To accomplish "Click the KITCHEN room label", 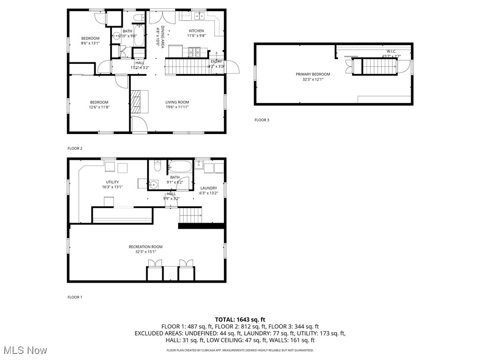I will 196,30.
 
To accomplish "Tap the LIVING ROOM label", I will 177,102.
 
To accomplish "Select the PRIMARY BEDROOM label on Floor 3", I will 313,74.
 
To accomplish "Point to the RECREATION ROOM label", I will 146,247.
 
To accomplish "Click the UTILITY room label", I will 112,182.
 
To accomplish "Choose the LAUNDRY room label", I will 209,188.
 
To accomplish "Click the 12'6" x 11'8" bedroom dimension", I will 99,107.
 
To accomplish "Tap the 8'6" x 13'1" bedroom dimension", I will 90,43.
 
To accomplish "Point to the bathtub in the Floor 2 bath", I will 139,36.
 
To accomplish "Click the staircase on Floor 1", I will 190,216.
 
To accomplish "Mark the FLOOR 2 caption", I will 75,149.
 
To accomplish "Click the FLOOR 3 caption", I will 262,120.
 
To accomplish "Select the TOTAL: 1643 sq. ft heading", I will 240,320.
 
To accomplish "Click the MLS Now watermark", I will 25,350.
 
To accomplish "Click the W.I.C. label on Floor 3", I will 391,51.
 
